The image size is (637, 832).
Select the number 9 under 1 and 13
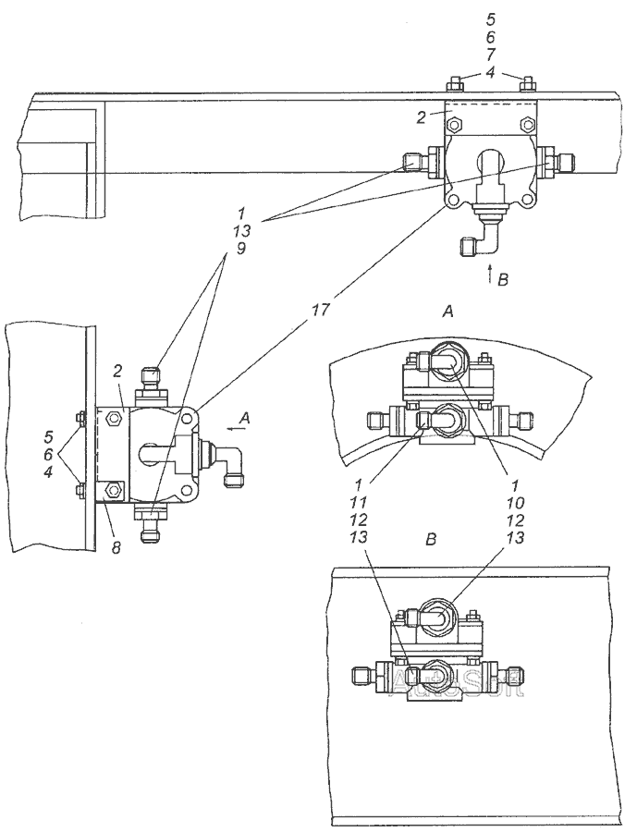coord(240,251)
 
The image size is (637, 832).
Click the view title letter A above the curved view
coord(447,312)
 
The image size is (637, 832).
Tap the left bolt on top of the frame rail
coord(454,84)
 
